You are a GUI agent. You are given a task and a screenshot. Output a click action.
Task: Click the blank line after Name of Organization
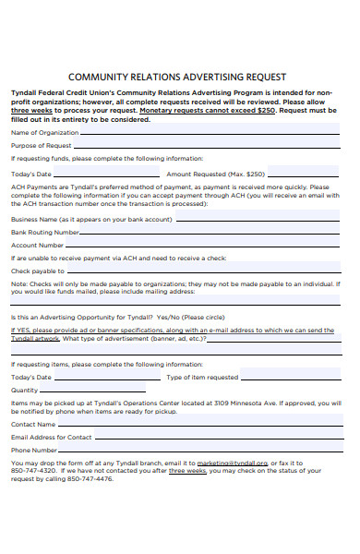(209, 134)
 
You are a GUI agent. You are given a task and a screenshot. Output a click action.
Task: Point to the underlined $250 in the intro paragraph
(265, 110)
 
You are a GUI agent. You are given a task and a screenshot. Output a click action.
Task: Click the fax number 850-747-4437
(29, 471)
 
